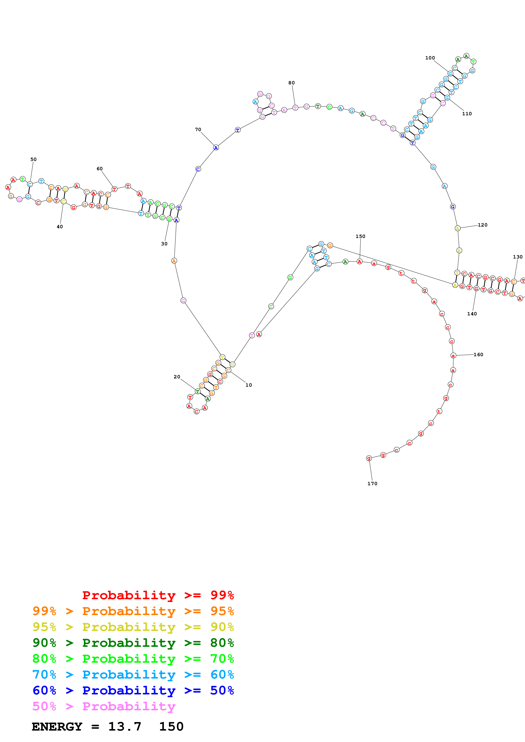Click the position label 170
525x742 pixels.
pyautogui.click(x=372, y=484)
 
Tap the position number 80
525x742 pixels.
pyautogui.click(x=291, y=83)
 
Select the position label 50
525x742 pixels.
pyautogui.click(x=33, y=159)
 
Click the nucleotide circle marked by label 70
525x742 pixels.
pyautogui.click(x=216, y=148)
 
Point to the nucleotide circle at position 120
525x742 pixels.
pyautogui.click(x=457, y=228)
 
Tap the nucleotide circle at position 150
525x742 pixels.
pyautogui.click(x=359, y=261)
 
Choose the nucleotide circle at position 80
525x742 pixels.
pyautogui.click(x=295, y=108)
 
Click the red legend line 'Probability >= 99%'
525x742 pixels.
pyautogui.click(x=158, y=595)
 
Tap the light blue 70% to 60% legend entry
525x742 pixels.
pyautogui.click(x=133, y=675)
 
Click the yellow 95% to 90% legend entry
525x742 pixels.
pyautogui.click(x=133, y=627)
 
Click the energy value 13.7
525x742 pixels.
pyautogui.click(x=125, y=727)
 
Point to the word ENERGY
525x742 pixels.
pyautogui.click(x=57, y=727)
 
